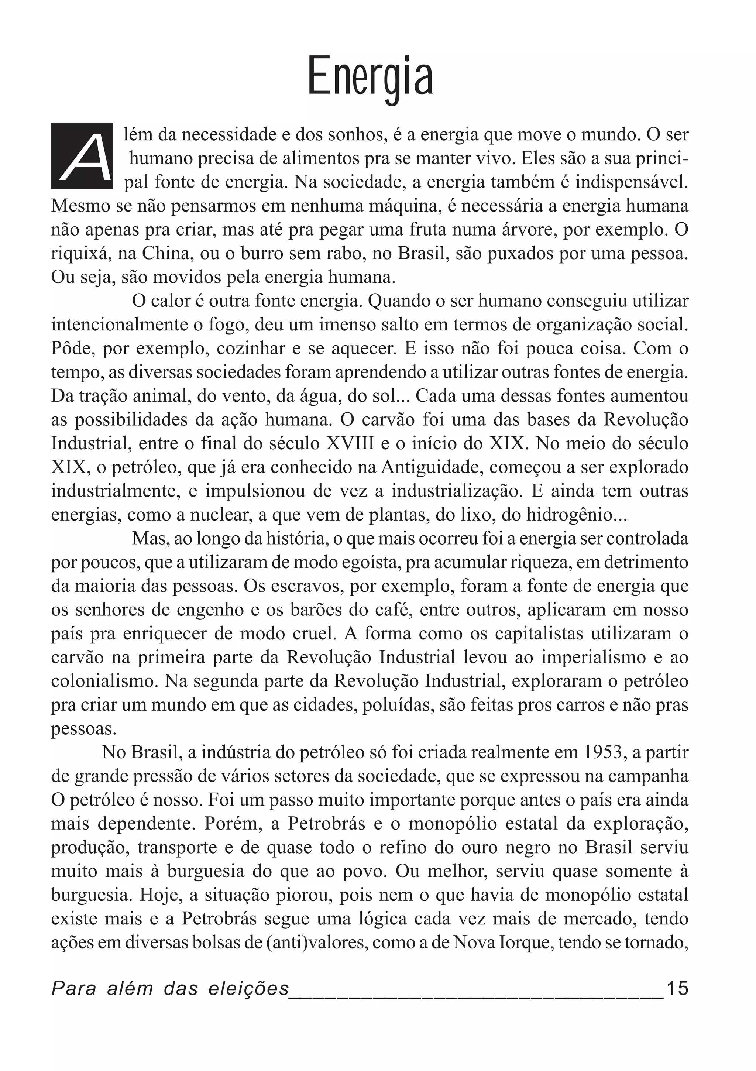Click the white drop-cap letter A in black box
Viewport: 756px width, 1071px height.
(x=82, y=156)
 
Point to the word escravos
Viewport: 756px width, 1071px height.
(x=303, y=586)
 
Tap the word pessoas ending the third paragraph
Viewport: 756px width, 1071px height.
(x=82, y=729)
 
